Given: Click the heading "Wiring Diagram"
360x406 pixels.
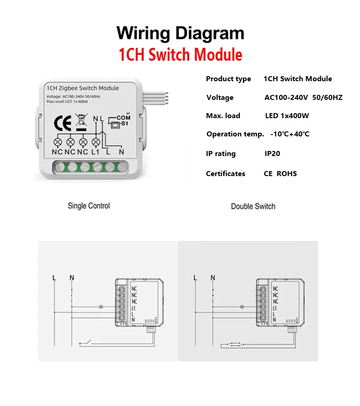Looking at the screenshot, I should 180,34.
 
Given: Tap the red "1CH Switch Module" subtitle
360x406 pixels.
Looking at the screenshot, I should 180,55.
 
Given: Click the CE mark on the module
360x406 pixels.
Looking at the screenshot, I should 62,124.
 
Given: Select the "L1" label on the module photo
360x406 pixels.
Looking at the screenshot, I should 95,151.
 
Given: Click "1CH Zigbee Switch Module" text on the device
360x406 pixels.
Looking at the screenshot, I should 82,88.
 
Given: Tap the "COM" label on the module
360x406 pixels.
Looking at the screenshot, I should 123,118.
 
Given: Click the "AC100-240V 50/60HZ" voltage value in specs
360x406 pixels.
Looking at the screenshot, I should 303,97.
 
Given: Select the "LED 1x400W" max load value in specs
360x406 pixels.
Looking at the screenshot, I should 287,115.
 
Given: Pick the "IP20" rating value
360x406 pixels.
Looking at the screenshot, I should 273,153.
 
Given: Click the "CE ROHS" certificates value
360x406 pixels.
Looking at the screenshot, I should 280,173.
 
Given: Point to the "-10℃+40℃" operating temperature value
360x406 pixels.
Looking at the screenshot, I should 290,134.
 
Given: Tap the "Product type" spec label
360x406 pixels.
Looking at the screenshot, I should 228,78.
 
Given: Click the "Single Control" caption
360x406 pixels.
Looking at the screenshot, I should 89,206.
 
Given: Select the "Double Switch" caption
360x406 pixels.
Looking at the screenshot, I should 253,206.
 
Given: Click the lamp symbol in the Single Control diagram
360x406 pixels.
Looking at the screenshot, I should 101,306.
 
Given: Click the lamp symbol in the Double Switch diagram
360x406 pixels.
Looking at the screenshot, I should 242,306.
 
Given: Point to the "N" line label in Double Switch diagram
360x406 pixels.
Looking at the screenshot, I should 212,277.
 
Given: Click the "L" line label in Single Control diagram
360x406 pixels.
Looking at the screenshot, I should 54,277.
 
